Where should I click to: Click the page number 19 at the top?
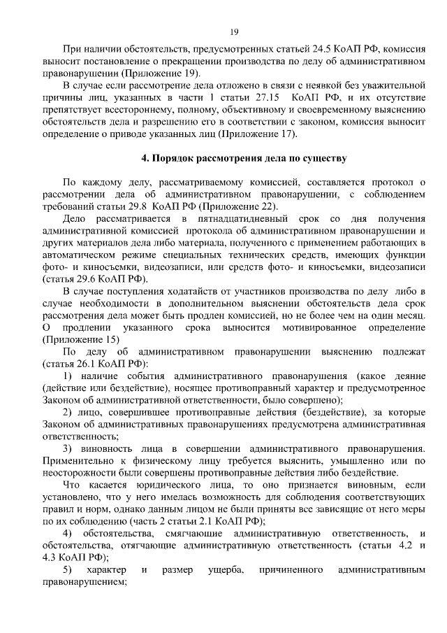pyautogui.click(x=234, y=31)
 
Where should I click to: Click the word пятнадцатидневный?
pyautogui.click(x=237, y=220)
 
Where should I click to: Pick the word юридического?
pyautogui.click(x=158, y=484)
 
